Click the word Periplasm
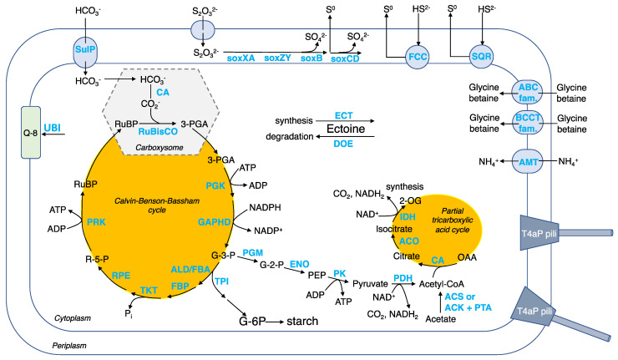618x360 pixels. pyautogui.click(x=47, y=343)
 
